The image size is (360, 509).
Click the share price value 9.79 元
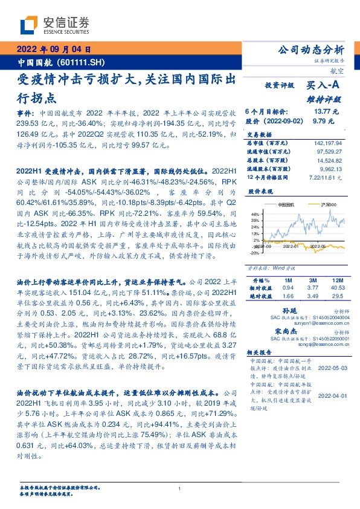pos(319,121)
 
